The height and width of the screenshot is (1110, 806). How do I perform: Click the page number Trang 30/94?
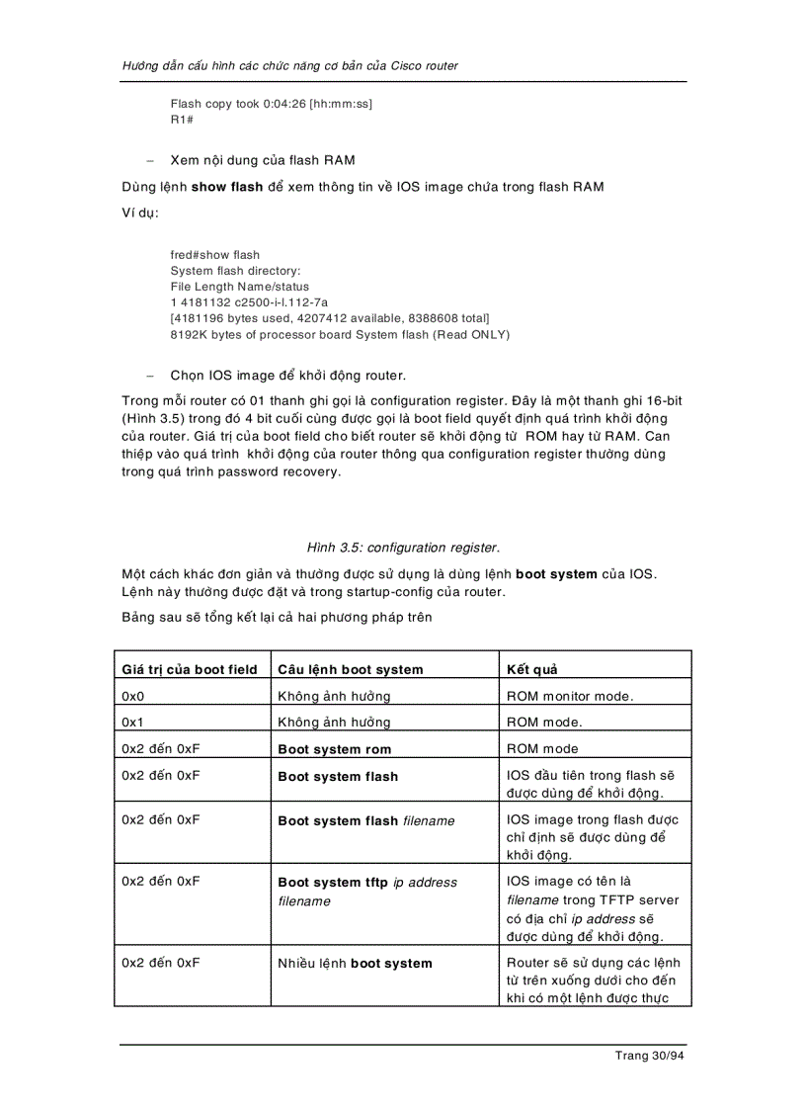pos(649,1056)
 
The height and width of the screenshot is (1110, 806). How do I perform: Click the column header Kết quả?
pos(531,669)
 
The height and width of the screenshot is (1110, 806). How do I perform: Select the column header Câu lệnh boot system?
pos(350,669)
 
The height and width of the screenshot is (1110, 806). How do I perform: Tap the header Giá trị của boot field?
pos(190,669)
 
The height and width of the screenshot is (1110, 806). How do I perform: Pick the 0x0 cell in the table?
pos(133,696)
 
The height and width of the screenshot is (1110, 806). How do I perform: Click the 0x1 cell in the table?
pos(133,722)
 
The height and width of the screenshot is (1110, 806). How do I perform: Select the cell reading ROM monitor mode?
pos(570,696)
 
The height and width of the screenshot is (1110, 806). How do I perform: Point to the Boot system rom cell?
pos(334,749)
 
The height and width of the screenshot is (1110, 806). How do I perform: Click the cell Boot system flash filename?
pos(366,820)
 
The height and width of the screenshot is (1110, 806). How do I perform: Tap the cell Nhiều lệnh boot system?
pos(355,963)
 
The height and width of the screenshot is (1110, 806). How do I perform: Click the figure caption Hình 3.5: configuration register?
pos(403,547)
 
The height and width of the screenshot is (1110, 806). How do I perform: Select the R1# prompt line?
pos(182,120)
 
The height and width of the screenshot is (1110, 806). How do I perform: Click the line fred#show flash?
pos(215,255)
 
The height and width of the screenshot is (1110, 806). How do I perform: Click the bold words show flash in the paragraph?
pos(227,187)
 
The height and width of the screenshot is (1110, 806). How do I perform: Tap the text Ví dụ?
pos(140,213)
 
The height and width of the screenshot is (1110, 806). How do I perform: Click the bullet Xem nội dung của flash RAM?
pos(263,160)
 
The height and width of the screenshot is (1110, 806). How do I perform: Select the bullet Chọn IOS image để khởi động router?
pos(287,376)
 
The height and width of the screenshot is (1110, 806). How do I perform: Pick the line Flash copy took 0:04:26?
pos(271,104)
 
